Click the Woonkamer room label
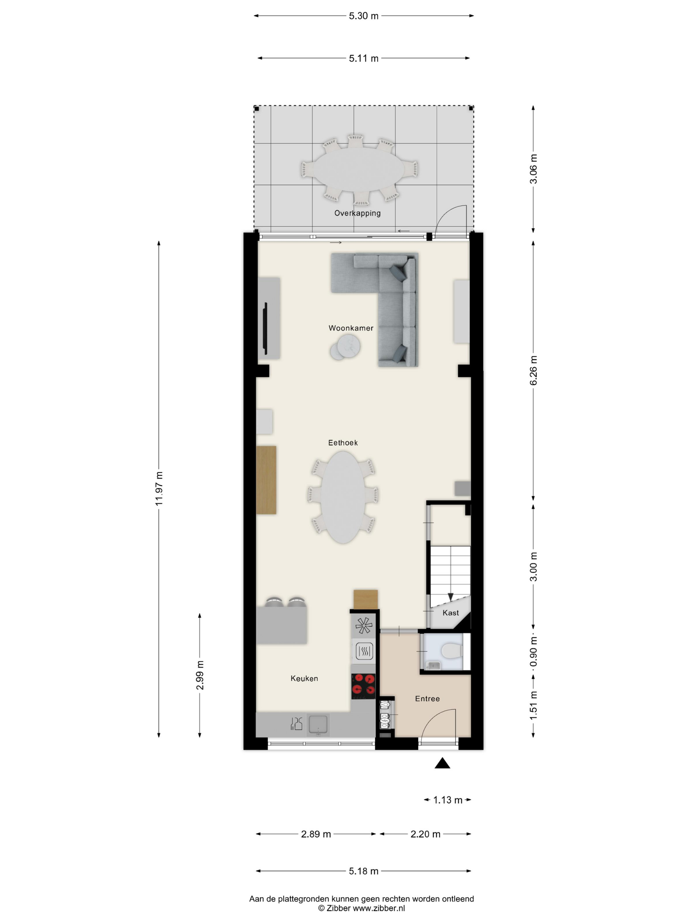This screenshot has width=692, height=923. pos(351,328)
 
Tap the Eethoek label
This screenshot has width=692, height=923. pos(343,443)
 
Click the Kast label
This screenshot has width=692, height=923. pos(450,612)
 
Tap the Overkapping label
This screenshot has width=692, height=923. pos(358,213)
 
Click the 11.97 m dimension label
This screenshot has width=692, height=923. pos(159,489)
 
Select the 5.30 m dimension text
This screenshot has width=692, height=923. pos(364,16)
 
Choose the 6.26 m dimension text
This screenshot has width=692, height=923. pos(533,371)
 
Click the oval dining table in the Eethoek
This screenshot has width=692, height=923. pos(343,497)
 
